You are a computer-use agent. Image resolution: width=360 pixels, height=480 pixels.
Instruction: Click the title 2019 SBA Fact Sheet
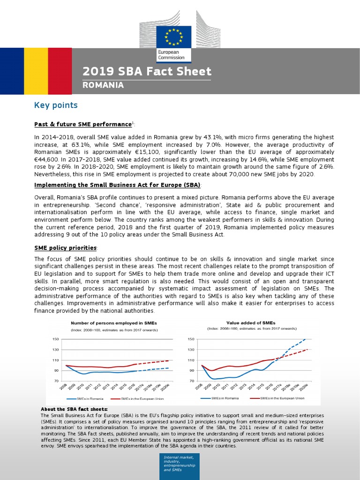coord(147,72)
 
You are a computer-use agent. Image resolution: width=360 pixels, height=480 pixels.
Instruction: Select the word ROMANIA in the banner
coord(103,85)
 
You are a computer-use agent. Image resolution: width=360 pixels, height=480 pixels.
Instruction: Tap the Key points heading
coord(56,105)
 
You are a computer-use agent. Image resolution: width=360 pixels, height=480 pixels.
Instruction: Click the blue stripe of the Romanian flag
coord(12,71)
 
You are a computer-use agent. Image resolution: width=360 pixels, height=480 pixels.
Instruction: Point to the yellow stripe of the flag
coord(36,71)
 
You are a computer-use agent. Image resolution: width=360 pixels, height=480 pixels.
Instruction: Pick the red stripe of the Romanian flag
coord(60,71)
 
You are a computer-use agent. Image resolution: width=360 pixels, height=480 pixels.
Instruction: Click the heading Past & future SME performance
coord(83,125)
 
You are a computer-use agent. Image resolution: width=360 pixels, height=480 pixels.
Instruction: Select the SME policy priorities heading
coord(66,247)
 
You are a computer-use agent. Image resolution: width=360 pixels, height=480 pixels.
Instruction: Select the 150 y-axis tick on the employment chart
coord(55,339)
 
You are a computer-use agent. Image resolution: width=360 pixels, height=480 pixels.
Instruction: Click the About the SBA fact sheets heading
coord(74,409)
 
